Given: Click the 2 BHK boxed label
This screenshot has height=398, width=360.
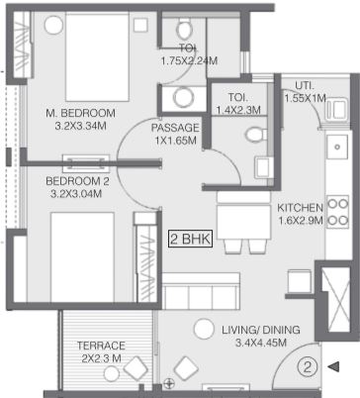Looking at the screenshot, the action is [191, 239].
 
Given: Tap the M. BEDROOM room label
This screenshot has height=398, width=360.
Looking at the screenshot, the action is [80, 113].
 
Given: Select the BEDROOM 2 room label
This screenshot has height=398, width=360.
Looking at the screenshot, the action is [77, 181].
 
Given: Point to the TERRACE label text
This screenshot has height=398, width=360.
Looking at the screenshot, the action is [101, 346].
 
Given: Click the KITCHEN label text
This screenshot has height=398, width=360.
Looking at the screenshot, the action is [300, 208].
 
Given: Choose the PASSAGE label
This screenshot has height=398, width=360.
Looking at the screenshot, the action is [175, 128].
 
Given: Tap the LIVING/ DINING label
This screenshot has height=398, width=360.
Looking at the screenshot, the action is [261, 330].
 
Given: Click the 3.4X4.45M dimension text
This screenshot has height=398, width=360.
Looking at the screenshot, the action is [261, 343].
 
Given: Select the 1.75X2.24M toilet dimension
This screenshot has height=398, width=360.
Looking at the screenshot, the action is [189, 60].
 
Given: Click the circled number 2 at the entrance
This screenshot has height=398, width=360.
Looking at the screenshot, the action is [308, 367].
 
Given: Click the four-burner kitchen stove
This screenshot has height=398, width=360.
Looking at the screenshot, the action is [337, 212].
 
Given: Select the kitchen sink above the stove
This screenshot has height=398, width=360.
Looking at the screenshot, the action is [337, 148].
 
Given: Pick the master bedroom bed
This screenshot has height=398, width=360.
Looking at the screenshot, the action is [97, 56].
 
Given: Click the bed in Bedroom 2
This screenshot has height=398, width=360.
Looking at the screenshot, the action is [82, 257].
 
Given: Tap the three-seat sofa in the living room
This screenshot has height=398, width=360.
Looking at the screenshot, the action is [201, 291].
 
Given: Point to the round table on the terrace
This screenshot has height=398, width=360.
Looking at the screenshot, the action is [112, 374].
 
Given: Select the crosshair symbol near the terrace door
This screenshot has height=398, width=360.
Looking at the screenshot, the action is [169, 384].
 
